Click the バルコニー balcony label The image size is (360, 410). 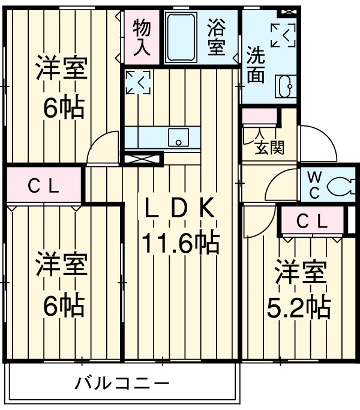[122, 382]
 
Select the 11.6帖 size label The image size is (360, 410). [179, 244]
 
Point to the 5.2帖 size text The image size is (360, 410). [298, 308]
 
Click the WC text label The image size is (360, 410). [314, 185]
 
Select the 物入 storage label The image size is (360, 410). [142, 37]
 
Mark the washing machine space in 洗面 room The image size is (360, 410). [283, 35]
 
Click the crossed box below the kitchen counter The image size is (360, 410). [142, 159]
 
